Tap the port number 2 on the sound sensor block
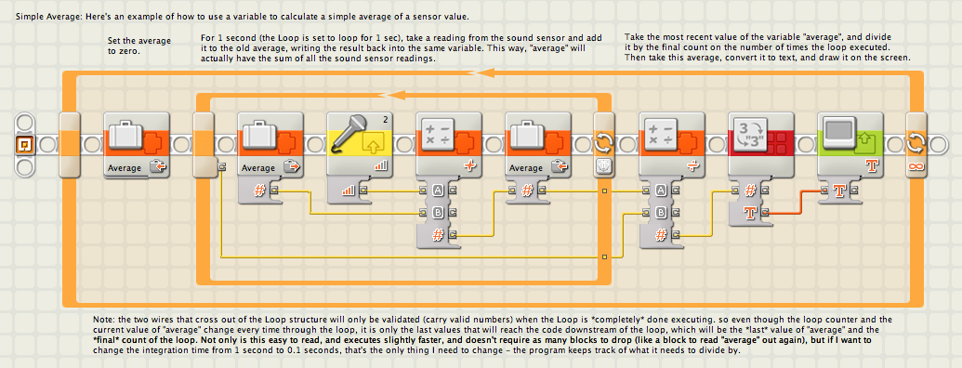pyautogui.click(x=386, y=120)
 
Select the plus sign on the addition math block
pyautogui.click(x=471, y=167)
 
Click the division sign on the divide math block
pyautogui.click(x=694, y=167)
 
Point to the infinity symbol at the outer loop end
pyautogui.click(x=916, y=167)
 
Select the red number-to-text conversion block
pyautogui.click(x=760, y=145)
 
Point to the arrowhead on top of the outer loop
pyautogui.click(x=486, y=73)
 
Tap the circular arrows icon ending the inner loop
pyautogui.click(x=603, y=145)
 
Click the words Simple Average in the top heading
pyautogui.click(x=40, y=16)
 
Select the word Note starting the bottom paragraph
pyautogui.click(x=104, y=321)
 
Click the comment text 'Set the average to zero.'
pyautogui.click(x=139, y=46)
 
